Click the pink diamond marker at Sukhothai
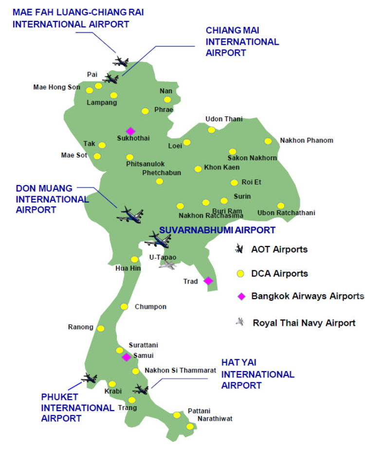[130, 131]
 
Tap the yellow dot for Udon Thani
[212, 130]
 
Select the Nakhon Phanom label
[307, 141]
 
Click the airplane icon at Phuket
[89, 377]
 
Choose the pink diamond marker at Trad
[208, 281]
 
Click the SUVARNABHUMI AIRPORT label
[218, 230]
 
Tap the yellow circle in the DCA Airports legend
[239, 274]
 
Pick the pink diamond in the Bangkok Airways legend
[239, 296]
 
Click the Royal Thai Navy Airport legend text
[304, 322]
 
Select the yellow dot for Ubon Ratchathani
[281, 206]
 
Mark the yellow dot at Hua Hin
[134, 260]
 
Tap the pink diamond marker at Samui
[126, 357]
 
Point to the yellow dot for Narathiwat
[190, 427]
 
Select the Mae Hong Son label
[56, 88]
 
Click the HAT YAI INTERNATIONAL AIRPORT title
[257, 374]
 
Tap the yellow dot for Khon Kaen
[198, 169]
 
